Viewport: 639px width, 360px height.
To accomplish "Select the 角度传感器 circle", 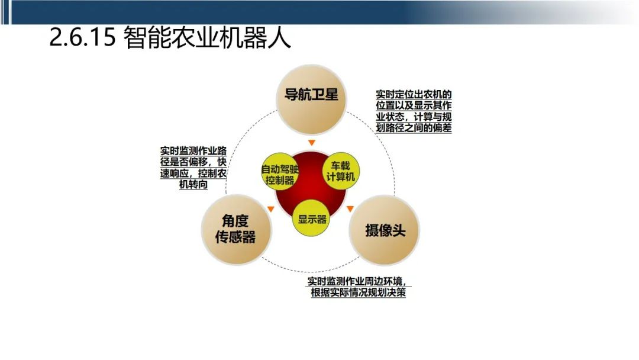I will click(236, 228).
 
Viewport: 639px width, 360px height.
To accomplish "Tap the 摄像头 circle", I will click(385, 230).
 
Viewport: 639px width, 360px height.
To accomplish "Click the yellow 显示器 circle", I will click(312, 218).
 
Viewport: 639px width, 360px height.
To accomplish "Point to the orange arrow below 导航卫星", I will click(312, 143).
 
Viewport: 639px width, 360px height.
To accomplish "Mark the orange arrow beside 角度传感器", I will click(270, 208).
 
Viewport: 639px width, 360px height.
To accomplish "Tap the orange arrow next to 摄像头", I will click(350, 208).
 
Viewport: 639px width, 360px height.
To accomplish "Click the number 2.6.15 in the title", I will click(82, 39).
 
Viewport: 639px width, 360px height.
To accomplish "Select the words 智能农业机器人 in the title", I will click(208, 39).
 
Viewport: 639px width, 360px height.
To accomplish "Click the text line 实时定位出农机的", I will click(414, 95).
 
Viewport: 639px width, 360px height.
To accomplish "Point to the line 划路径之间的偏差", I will click(414, 127).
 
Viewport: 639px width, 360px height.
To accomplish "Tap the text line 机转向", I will click(193, 185).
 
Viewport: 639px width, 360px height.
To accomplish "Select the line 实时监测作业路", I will click(193, 151).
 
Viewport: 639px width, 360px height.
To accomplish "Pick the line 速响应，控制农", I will click(193, 173).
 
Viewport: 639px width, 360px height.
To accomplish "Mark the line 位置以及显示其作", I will click(414, 105).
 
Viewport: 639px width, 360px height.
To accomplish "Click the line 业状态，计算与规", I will click(414, 117).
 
